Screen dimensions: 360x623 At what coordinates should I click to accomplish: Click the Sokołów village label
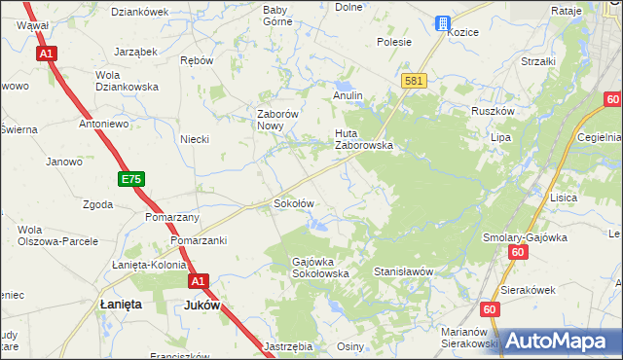[292, 204]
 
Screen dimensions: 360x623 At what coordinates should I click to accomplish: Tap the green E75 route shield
[131, 180]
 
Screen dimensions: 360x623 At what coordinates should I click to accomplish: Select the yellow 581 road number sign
[413, 81]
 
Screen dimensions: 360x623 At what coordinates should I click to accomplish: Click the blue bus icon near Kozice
[442, 22]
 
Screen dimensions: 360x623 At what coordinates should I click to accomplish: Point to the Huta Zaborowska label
[363, 139]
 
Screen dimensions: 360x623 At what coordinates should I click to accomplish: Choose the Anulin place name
[348, 95]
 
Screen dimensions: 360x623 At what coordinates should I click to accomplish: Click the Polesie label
[394, 42]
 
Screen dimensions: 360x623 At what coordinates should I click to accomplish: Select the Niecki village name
[195, 139]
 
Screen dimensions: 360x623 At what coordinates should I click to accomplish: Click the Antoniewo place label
[104, 124]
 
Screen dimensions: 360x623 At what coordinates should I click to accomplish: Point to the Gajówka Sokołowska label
[321, 268]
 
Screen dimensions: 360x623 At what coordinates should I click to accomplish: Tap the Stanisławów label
[402, 273]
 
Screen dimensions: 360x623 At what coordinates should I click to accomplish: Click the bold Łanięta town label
[122, 305]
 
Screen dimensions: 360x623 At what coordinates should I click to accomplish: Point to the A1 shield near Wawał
[46, 54]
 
